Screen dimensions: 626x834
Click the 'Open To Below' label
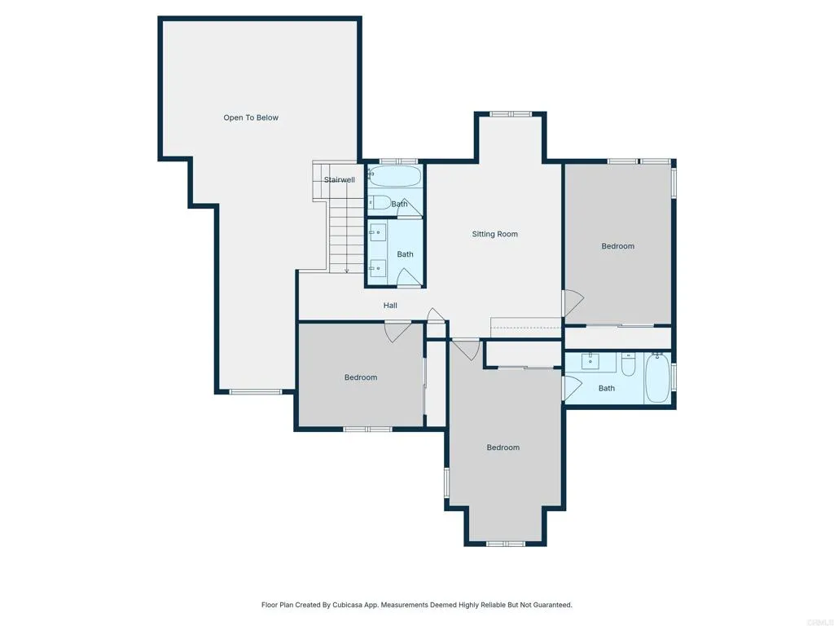point(251,118)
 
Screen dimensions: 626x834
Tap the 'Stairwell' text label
point(339,180)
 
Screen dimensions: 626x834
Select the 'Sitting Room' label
point(495,235)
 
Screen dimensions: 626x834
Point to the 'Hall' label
point(390,306)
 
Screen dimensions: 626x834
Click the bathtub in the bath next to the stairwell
point(394,177)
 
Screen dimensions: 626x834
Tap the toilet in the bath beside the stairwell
point(380,202)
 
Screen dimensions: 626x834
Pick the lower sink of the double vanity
point(376,267)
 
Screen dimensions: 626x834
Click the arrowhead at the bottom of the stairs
point(347,270)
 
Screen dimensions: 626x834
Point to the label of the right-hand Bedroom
point(617,246)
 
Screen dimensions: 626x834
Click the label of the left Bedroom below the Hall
point(361,377)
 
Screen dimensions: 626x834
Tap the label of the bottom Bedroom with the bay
point(503,447)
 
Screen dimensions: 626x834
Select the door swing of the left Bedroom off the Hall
point(397,332)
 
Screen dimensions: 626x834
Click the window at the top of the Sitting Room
point(511,114)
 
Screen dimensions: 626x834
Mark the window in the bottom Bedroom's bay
point(505,543)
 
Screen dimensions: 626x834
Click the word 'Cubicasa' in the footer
point(343,605)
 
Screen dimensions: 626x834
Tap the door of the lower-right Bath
point(569,388)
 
